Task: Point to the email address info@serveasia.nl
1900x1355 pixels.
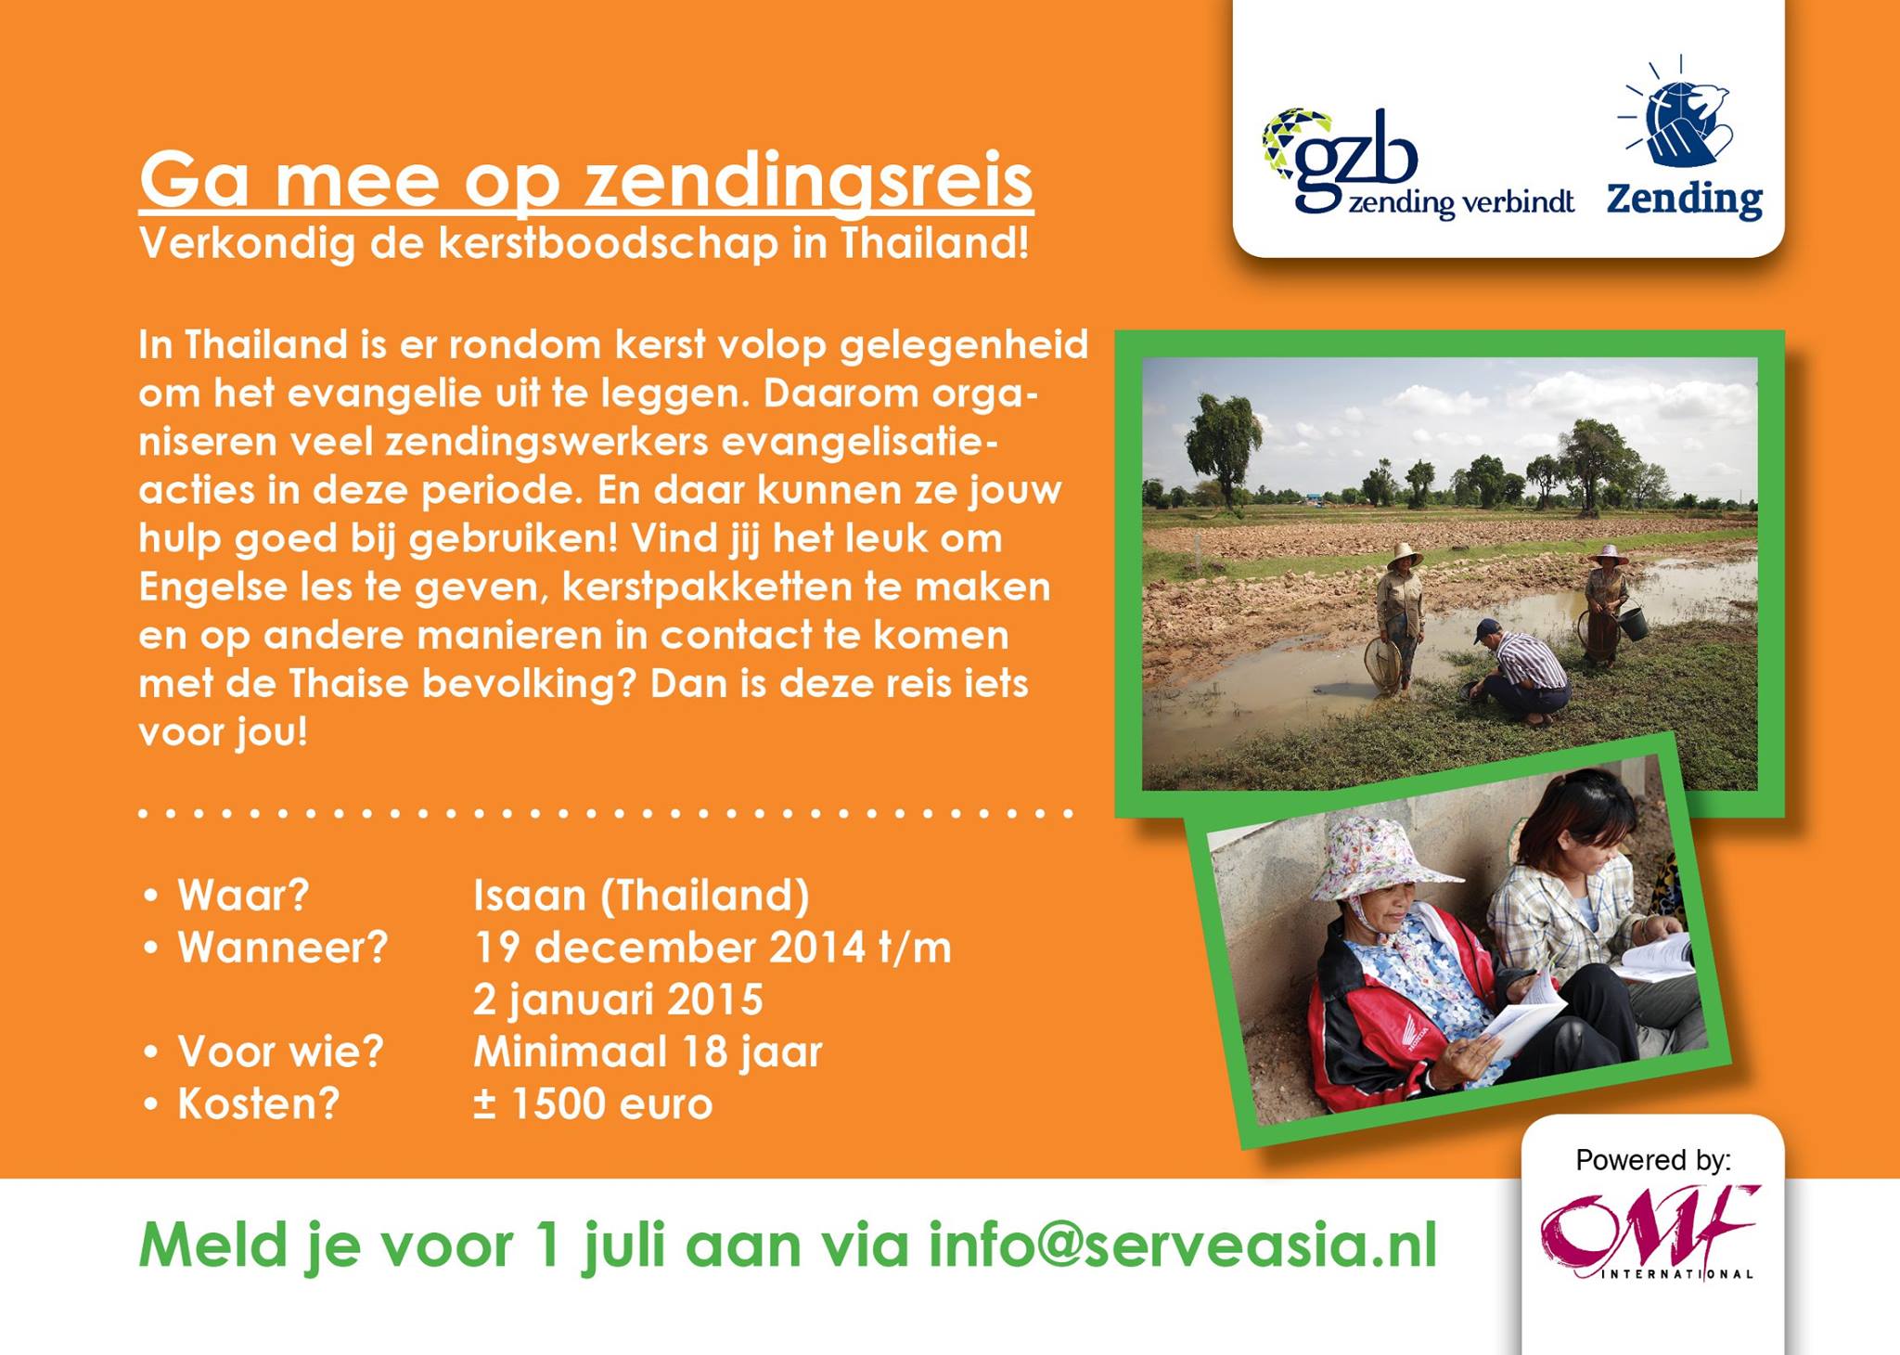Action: point(1183,1245)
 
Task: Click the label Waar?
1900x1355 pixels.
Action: point(243,896)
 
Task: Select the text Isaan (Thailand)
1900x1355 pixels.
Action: point(642,897)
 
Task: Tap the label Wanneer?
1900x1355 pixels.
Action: point(283,948)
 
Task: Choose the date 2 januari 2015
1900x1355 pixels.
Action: point(618,1000)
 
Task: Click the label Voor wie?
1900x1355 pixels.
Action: point(280,1052)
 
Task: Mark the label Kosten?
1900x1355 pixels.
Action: point(259,1104)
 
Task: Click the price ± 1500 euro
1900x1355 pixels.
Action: point(593,1104)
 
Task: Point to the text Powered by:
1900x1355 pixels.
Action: point(1653,1161)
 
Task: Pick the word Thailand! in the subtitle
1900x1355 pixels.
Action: point(935,243)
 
